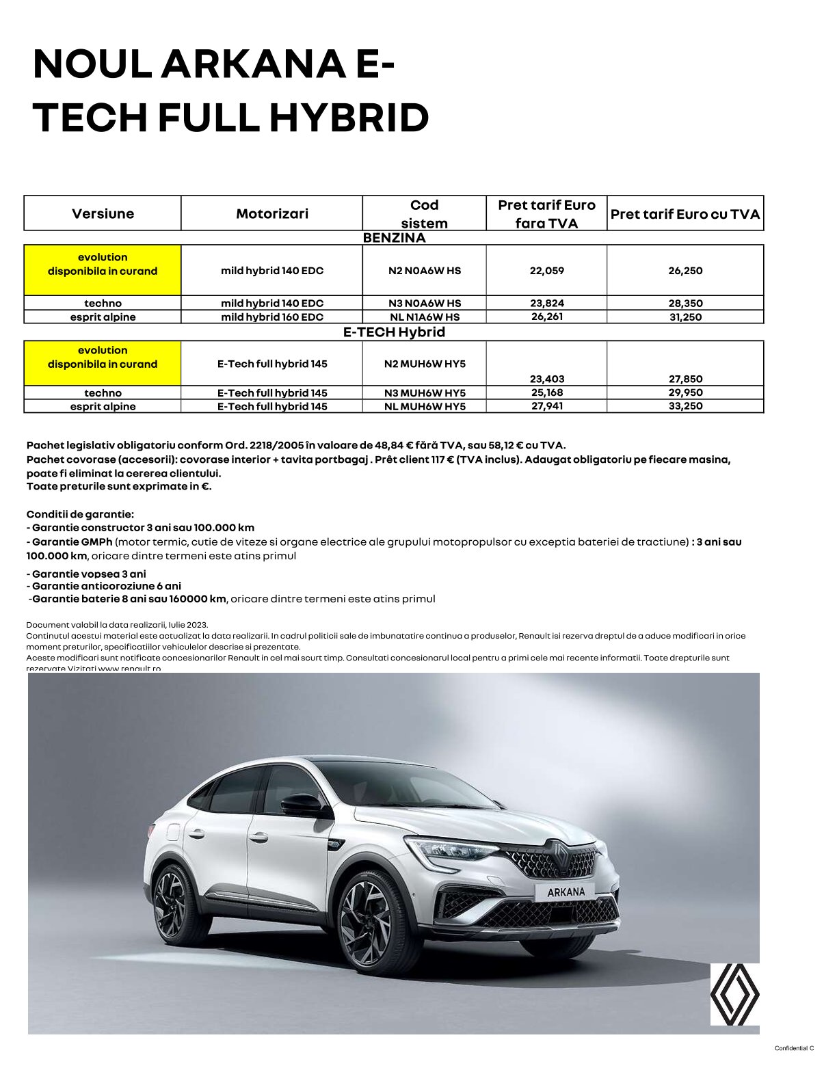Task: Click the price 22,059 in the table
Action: click(x=546, y=271)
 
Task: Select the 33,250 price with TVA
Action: click(x=685, y=406)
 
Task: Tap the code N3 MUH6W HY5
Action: click(x=425, y=393)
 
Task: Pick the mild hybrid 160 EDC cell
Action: click(x=271, y=317)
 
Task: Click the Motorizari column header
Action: click(x=271, y=214)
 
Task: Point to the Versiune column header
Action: click(x=103, y=214)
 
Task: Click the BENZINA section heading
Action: click(x=394, y=238)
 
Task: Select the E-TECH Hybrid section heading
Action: click(x=394, y=332)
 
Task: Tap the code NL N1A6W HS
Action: click(x=425, y=317)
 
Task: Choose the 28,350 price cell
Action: click(x=685, y=304)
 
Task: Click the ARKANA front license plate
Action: click(x=566, y=892)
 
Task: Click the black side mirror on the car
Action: click(x=302, y=805)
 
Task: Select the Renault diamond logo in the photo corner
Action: click(x=734, y=994)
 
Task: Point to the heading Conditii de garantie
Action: click(x=80, y=514)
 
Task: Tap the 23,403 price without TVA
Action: click(x=546, y=379)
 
